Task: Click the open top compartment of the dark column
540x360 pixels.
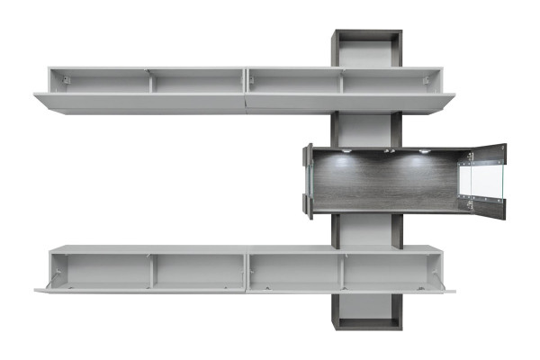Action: (x=367, y=50)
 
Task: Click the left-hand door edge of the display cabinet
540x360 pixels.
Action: (x=308, y=181)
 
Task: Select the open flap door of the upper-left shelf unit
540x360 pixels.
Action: (x=139, y=100)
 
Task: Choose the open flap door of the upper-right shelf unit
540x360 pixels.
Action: (x=351, y=101)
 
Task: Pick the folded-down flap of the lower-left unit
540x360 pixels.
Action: (x=139, y=291)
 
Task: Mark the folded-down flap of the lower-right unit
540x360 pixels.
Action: (x=351, y=291)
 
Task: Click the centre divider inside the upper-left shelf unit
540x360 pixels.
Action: (x=150, y=83)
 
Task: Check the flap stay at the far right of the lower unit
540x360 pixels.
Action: (x=438, y=271)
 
